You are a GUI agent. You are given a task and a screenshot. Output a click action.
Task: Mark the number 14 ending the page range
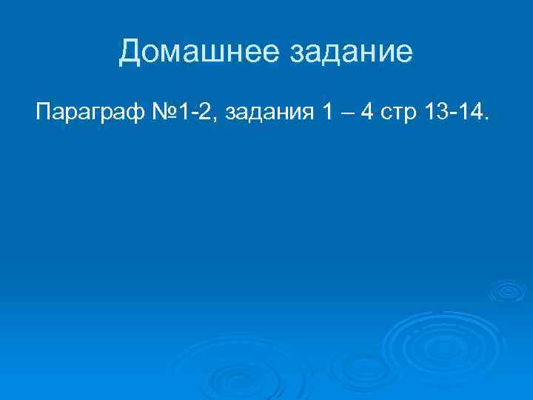coord(469,114)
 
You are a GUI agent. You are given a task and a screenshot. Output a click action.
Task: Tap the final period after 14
coord(486,121)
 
